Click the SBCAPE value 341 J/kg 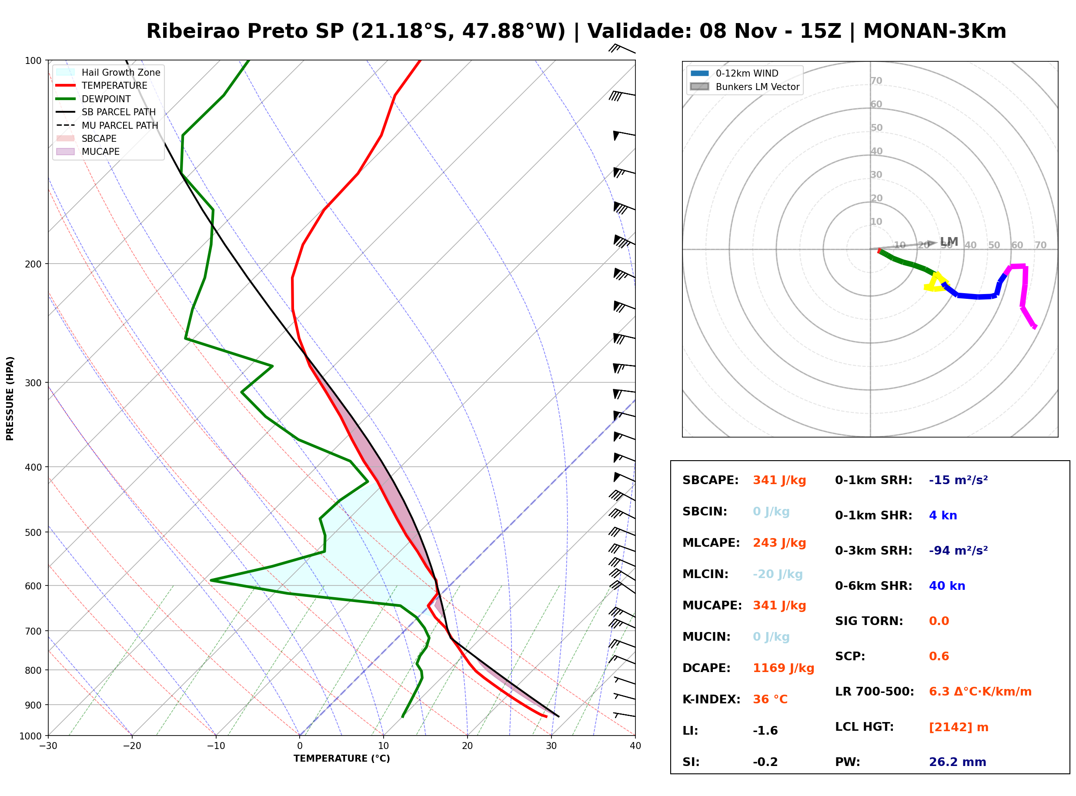point(779,480)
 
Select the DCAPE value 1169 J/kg point(783,668)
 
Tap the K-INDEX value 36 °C point(770,699)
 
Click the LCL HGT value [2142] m point(959,727)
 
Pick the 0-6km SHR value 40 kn point(947,586)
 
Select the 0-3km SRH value point(958,550)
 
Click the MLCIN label point(705,574)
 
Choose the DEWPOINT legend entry point(94,99)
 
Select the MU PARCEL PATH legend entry point(107,125)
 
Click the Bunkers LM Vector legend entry point(745,87)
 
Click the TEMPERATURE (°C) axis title point(341,759)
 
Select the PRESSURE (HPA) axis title point(10,398)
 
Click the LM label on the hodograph point(949,241)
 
